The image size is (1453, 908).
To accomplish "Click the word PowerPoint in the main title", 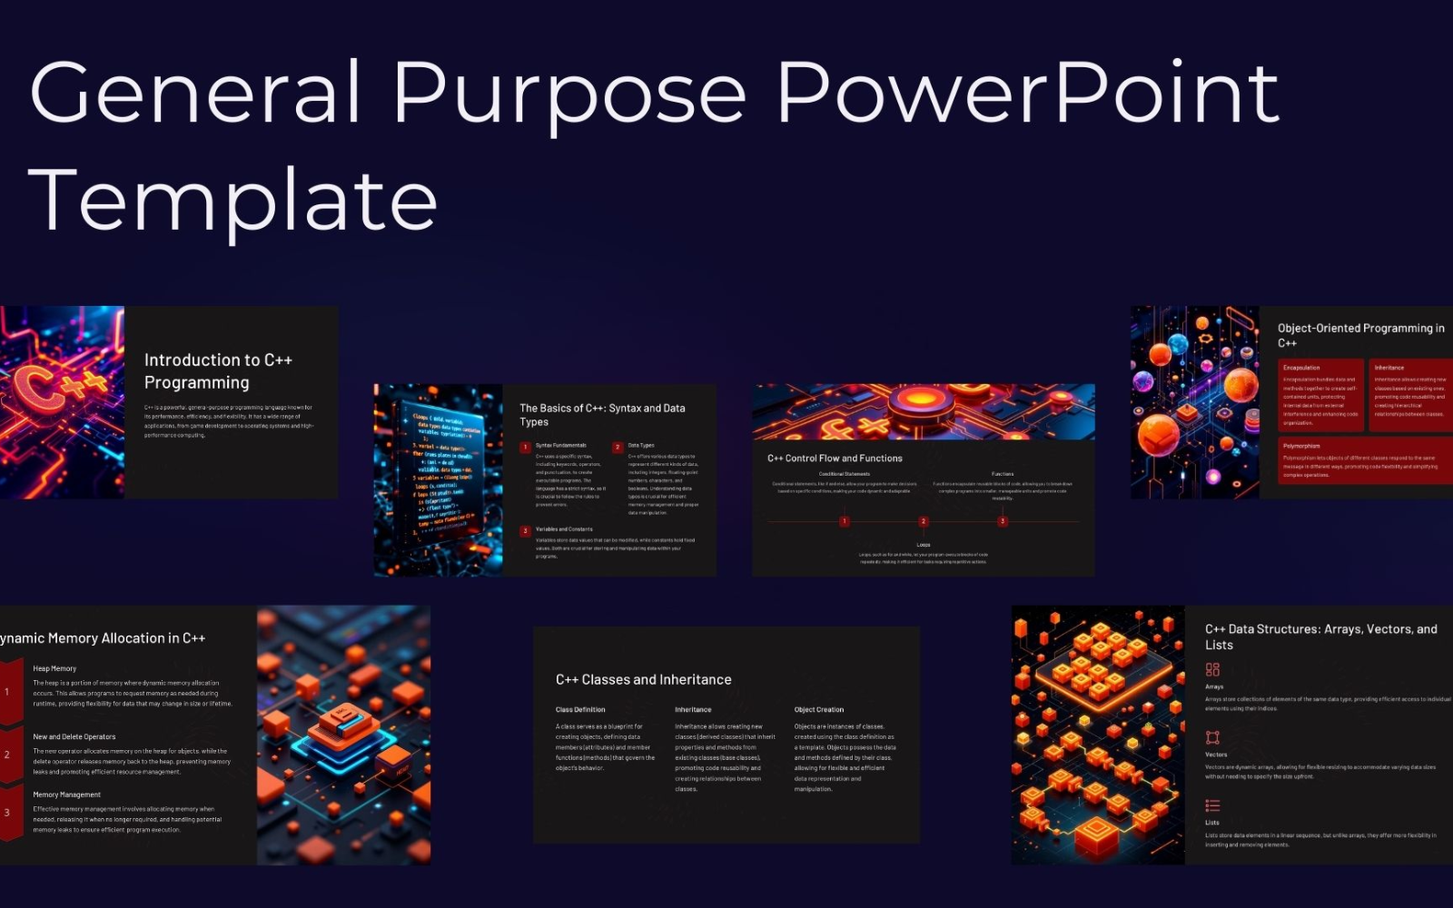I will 1028,93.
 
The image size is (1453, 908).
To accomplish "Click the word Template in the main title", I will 233,200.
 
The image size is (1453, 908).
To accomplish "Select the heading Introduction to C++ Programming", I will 218,371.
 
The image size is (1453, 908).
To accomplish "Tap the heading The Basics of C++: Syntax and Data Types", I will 602,415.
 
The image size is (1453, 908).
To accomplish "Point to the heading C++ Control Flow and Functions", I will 835,459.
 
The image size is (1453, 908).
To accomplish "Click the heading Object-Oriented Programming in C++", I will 1359,335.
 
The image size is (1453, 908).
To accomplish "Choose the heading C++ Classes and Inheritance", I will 643,680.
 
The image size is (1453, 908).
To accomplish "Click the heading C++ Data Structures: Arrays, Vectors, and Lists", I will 1320,637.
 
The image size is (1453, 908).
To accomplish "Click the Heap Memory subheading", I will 54,668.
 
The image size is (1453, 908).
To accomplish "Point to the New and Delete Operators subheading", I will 74,736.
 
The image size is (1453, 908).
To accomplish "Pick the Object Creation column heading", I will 819,710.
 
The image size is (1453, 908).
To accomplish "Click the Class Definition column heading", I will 580,710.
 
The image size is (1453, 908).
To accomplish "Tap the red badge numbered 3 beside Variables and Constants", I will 525,531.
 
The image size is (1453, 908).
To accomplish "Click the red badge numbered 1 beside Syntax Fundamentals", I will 525,448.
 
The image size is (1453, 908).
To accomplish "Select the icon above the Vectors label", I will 1212,737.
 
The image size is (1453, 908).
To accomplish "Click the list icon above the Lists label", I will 1212,805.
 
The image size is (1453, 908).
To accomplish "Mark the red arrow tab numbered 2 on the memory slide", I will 9,755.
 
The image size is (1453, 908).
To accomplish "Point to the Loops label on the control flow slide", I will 924,545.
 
